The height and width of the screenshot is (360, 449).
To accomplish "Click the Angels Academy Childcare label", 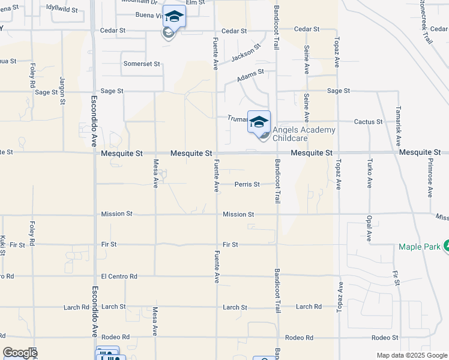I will (x=304, y=134).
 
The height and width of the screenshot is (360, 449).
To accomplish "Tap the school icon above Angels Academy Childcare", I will (x=259, y=122).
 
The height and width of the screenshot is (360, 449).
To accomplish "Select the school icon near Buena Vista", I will (x=174, y=16).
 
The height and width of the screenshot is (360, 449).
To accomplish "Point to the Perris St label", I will (x=247, y=184).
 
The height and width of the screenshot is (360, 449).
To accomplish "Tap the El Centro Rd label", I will (x=119, y=276).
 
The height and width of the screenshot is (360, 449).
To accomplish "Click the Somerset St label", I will (x=142, y=64).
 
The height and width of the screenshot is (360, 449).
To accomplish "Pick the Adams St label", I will (x=250, y=76).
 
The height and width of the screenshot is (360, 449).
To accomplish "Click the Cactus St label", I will (x=369, y=122).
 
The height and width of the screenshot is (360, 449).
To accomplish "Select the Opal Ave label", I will (x=369, y=227).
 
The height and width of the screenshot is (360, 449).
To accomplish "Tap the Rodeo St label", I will (x=385, y=338).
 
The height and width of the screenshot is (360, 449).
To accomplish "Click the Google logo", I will (x=20, y=353).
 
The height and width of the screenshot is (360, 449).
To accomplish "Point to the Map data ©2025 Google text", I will (x=411, y=355).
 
